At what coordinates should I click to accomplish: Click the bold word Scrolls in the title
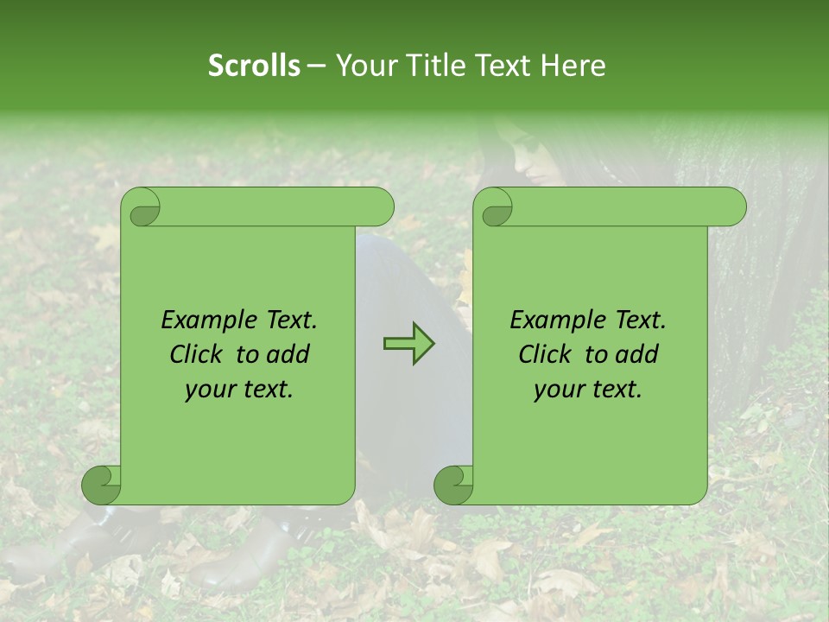[x=254, y=66]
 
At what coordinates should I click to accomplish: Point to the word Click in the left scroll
[x=199, y=354]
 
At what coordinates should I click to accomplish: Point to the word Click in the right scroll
[x=547, y=354]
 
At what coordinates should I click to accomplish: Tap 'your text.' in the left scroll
[x=239, y=389]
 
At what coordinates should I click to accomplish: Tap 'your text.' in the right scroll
[x=588, y=389]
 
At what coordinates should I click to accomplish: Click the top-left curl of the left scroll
[x=142, y=207]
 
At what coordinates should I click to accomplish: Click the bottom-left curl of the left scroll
[x=100, y=484]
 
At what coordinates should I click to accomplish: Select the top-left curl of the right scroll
[x=493, y=207]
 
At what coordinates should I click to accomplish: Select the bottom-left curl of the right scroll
[x=452, y=484]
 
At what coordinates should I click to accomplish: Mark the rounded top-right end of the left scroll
[x=381, y=206]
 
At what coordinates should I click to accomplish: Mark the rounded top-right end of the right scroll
[x=733, y=206]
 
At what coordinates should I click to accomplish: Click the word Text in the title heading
[x=503, y=66]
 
